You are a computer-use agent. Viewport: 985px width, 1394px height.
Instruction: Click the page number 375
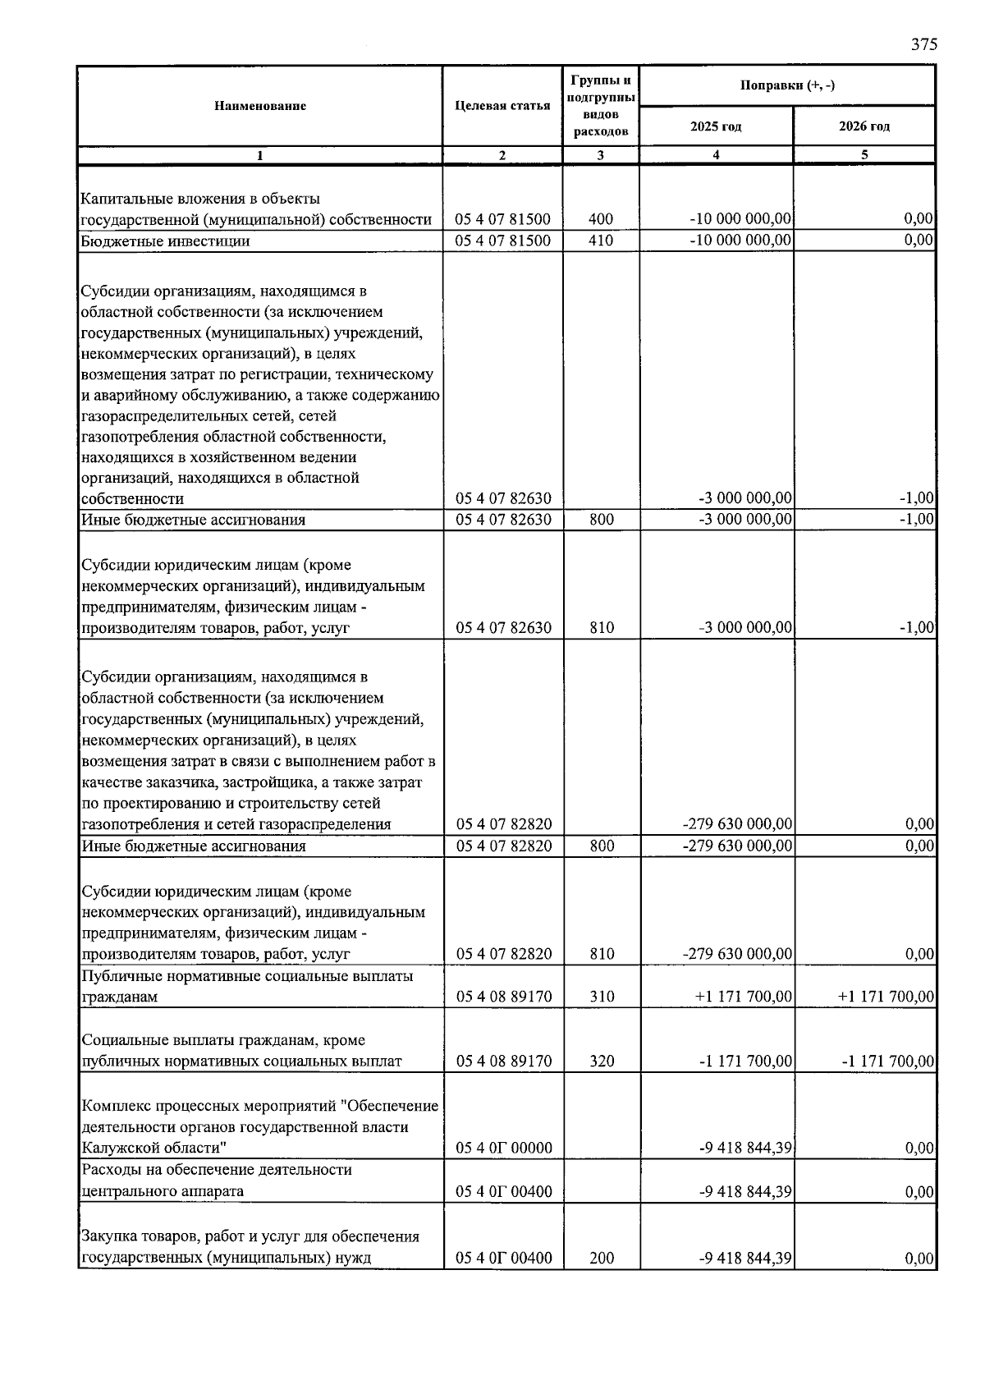(x=923, y=45)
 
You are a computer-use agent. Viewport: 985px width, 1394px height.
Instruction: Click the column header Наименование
(x=260, y=106)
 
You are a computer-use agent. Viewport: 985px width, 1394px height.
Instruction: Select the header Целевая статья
(x=502, y=106)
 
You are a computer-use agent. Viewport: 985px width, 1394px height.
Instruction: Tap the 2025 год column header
(x=716, y=126)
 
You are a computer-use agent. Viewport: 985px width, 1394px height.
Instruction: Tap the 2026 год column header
(x=864, y=126)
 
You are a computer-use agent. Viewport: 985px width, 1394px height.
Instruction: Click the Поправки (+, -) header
(x=787, y=85)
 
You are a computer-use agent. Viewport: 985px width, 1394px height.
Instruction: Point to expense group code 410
(x=601, y=241)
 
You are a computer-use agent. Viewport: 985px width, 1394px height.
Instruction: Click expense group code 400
(x=601, y=219)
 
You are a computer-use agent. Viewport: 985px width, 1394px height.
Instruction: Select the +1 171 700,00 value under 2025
(x=744, y=997)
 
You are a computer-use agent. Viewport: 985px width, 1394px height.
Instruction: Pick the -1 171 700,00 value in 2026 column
(x=888, y=1061)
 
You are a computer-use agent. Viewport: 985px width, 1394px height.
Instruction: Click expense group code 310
(x=601, y=997)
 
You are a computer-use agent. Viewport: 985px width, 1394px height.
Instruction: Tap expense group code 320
(x=601, y=1061)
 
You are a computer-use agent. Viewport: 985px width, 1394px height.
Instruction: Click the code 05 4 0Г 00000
(x=504, y=1148)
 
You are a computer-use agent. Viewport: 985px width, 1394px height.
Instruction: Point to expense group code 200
(x=601, y=1258)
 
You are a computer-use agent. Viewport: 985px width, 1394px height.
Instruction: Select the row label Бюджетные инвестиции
(x=165, y=241)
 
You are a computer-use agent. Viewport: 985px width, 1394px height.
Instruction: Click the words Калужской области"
(x=154, y=1148)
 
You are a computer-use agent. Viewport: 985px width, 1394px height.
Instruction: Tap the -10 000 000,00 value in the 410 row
(x=740, y=241)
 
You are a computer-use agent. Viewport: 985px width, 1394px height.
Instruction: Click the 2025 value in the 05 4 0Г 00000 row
(x=745, y=1148)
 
